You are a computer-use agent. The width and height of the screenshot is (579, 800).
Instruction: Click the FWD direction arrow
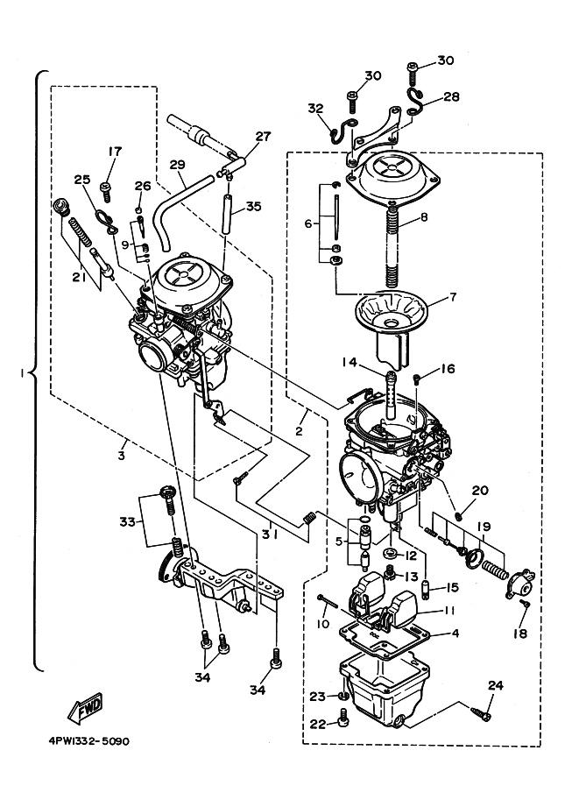tap(85, 708)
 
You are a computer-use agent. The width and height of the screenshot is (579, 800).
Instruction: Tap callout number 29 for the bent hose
tap(178, 165)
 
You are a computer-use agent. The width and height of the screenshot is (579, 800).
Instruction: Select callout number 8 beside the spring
tap(425, 217)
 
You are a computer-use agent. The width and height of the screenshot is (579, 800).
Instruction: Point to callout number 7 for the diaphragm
tap(451, 296)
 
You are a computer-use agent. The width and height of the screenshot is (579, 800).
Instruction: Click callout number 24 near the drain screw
tap(494, 685)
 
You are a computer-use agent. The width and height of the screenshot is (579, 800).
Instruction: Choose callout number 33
tap(128, 522)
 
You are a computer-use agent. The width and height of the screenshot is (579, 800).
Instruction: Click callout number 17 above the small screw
tap(116, 152)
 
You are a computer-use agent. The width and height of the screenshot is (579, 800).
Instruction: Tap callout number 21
tap(79, 277)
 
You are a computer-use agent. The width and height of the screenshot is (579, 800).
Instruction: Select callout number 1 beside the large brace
tap(21, 373)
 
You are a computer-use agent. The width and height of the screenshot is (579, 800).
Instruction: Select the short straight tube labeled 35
tap(227, 214)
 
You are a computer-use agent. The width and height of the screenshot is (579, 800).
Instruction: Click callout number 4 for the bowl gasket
tap(455, 634)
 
